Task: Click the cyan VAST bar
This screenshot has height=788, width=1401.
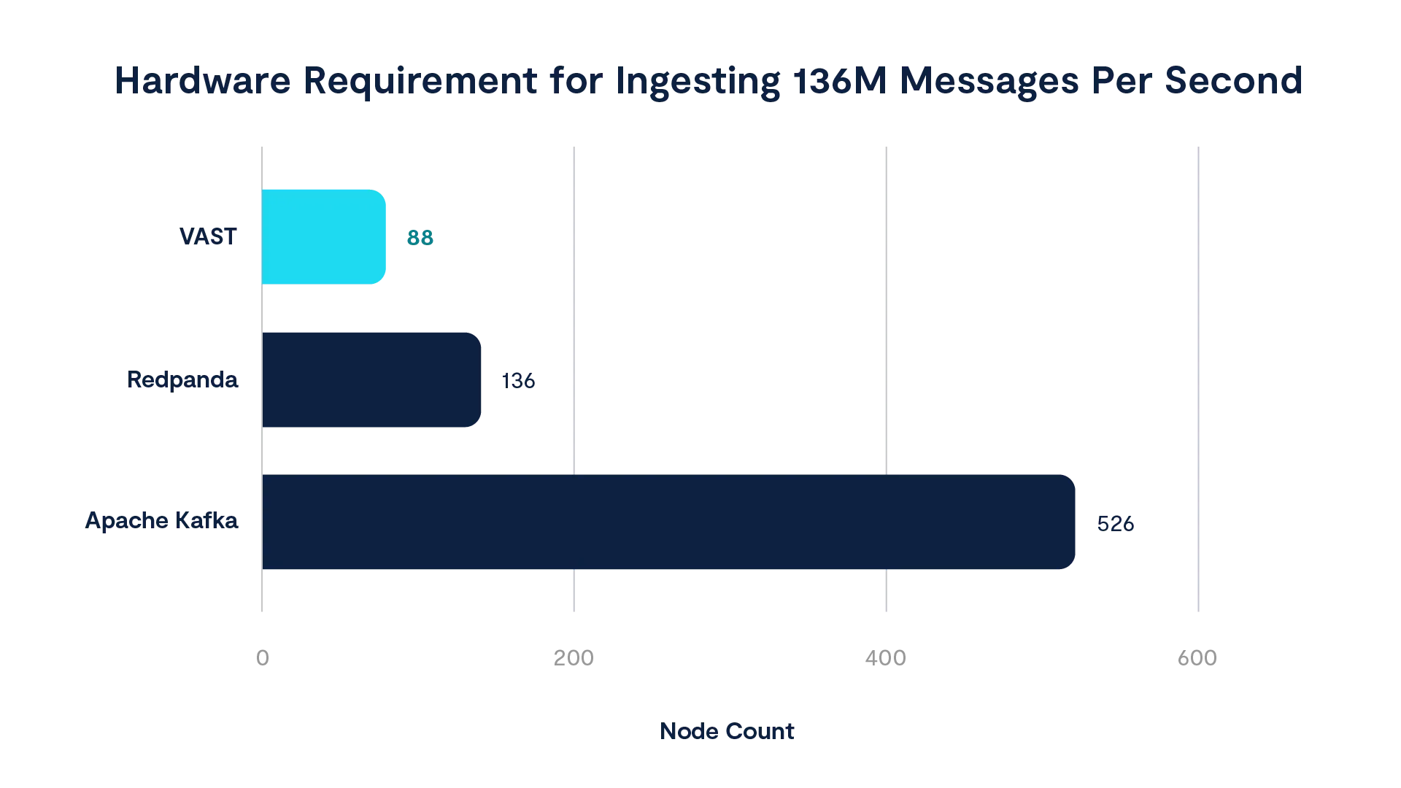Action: tap(325, 236)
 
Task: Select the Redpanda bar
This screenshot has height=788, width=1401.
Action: tap(372, 379)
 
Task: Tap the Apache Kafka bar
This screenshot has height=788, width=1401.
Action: tap(668, 522)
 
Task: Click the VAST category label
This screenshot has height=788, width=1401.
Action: tap(209, 236)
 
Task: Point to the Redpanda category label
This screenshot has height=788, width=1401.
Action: tap(183, 379)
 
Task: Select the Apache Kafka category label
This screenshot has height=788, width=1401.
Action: tap(161, 521)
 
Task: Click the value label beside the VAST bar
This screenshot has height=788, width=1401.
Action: tap(420, 237)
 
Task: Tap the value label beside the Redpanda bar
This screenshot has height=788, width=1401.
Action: tap(520, 380)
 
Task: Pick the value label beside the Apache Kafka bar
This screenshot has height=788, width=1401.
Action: tap(1117, 523)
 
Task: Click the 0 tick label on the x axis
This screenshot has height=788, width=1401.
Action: tap(262, 657)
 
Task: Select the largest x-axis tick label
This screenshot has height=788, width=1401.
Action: tap(1197, 657)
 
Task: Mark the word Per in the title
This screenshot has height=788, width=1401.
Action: tap(1122, 80)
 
